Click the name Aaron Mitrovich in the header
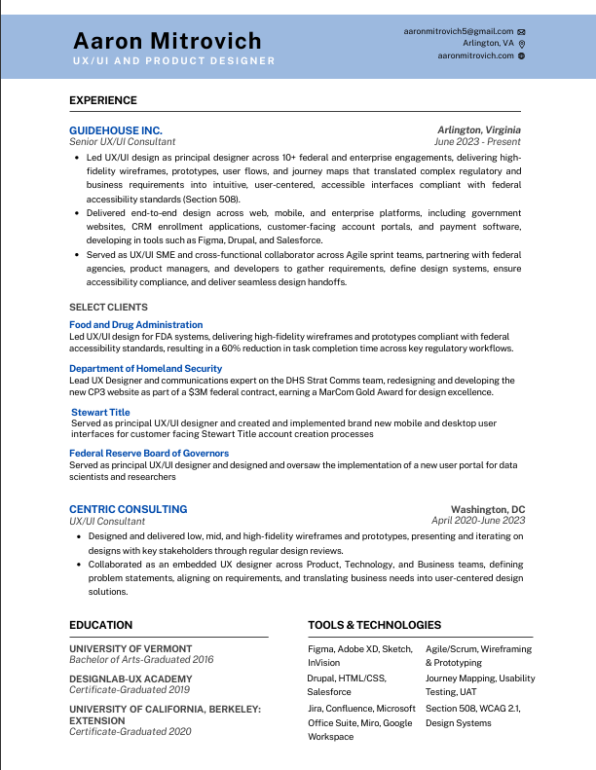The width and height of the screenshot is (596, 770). point(168,41)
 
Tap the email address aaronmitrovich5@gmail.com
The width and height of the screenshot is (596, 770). point(459,31)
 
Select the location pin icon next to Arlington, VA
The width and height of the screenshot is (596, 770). point(522,44)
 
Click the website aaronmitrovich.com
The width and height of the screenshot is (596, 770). point(475,55)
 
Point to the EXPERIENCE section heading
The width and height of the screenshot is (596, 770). point(103,100)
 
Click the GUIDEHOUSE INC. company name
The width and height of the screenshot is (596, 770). point(116,129)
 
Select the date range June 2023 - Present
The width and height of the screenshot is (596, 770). point(477,141)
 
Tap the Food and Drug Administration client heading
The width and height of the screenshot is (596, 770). point(136,324)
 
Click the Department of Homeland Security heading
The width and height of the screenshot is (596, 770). point(146,368)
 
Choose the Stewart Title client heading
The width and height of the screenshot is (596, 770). point(100,412)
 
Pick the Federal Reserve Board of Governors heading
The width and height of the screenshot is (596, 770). point(149,453)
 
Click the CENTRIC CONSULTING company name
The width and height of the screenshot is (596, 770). point(129,509)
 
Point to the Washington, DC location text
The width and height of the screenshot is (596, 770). point(488,509)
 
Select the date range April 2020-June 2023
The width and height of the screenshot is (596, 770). point(478,521)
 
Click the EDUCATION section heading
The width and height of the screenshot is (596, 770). point(101,625)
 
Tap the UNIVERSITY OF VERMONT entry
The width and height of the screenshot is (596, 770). point(130,648)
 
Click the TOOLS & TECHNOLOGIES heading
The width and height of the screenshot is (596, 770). point(374,625)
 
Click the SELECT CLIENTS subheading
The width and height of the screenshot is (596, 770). point(107,307)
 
